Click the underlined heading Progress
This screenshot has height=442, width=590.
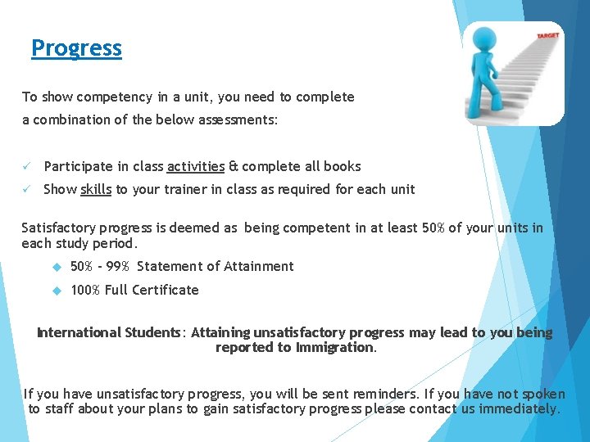76,48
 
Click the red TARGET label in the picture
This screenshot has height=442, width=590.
548,36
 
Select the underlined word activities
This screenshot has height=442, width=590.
195,166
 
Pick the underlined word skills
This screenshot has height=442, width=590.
96,189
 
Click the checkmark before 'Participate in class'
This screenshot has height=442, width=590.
27,166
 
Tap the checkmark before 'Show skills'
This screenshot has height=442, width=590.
27,189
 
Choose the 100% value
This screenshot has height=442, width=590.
85,290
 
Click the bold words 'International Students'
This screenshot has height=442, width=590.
108,332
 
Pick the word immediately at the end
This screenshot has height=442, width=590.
518,408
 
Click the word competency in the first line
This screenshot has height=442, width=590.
110,97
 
